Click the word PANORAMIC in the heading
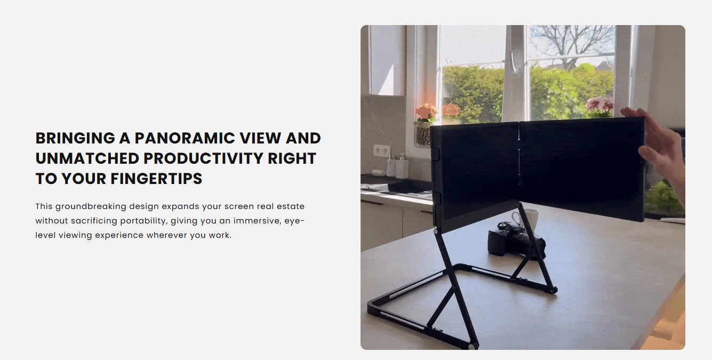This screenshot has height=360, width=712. tap(185, 138)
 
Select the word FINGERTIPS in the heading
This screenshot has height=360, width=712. tap(156, 179)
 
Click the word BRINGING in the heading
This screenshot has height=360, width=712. tap(75, 138)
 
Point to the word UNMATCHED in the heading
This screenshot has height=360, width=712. tap(87, 158)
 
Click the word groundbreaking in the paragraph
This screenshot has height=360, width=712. tap(91, 207)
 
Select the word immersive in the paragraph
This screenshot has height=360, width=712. tap(258, 221)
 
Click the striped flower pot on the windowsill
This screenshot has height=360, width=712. tap(423, 134)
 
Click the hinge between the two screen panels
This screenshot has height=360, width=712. tap(519, 153)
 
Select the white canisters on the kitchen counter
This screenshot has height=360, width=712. tap(398, 168)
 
